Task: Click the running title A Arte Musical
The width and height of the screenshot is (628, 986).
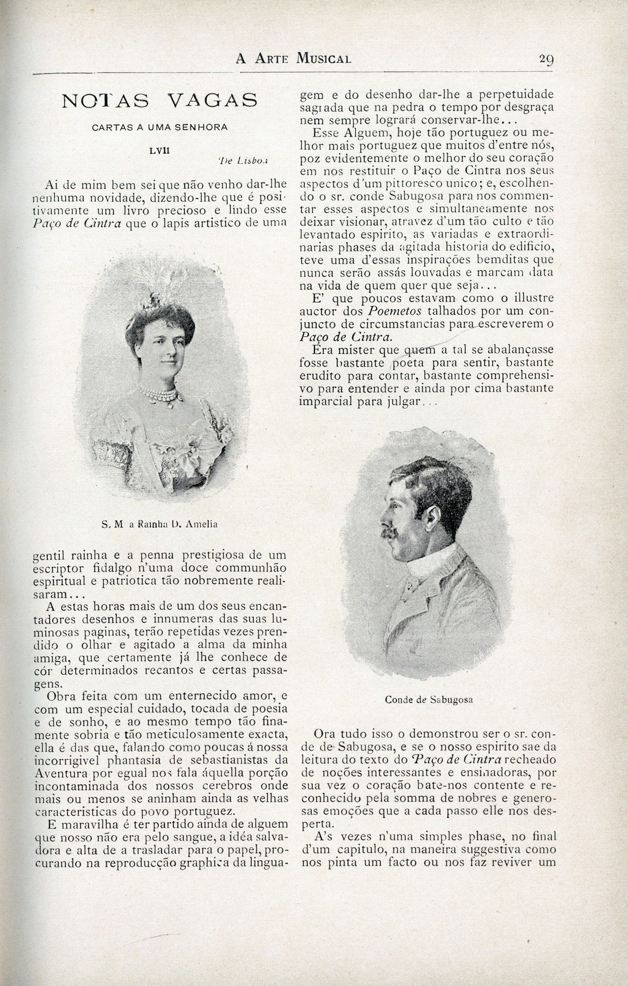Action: pos(293,58)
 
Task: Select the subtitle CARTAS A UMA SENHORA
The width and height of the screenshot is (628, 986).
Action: pos(159,127)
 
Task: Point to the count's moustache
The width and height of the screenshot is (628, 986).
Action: pos(390,532)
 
